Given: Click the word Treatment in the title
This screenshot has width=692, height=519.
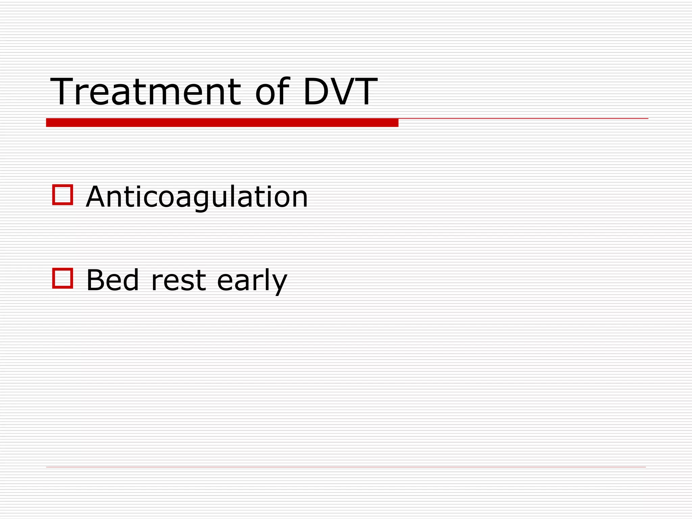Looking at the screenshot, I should [x=145, y=92].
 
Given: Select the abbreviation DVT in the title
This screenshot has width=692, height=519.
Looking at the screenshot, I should [x=340, y=92].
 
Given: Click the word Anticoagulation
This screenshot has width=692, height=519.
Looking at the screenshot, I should [x=197, y=197].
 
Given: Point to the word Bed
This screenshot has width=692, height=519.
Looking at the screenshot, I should [x=113, y=280].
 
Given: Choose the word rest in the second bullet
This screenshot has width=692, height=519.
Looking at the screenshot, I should [x=178, y=281].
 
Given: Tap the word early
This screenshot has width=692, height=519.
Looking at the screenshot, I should [x=252, y=281].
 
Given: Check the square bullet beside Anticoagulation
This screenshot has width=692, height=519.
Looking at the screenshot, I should [x=63, y=195].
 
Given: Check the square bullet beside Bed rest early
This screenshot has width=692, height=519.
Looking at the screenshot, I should [x=63, y=278].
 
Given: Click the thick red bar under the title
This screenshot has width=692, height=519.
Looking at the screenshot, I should [x=222, y=123].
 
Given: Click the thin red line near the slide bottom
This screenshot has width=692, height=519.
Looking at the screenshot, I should [x=346, y=467].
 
